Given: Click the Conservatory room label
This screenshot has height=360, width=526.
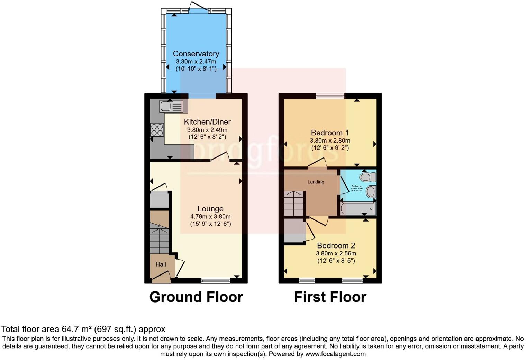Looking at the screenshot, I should (196, 54).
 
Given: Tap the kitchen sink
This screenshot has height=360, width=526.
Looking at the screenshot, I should (171, 106).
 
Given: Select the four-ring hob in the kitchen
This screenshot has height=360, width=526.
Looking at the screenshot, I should (157, 130).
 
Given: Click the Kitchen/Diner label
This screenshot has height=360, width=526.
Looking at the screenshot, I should (207, 122).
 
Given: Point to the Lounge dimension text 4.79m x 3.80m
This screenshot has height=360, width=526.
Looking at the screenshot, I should (210, 217).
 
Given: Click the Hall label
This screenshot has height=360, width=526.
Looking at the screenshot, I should (161, 264).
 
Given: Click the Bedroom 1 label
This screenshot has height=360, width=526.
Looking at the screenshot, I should (330, 133).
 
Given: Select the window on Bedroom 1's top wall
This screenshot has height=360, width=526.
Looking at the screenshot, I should (330, 96).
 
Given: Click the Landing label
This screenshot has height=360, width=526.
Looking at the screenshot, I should (316, 182).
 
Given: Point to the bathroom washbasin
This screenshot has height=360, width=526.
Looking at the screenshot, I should (370, 191).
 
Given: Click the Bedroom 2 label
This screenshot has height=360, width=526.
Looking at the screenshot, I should (336, 246).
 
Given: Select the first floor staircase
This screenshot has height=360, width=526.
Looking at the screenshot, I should (294, 204).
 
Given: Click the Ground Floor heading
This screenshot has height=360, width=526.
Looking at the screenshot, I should (196, 297).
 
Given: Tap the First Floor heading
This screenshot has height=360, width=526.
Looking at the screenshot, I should (330, 297).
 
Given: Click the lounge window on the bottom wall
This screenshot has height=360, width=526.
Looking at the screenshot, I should (216, 280).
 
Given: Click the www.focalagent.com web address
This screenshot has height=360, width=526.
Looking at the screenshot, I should (335, 354).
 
